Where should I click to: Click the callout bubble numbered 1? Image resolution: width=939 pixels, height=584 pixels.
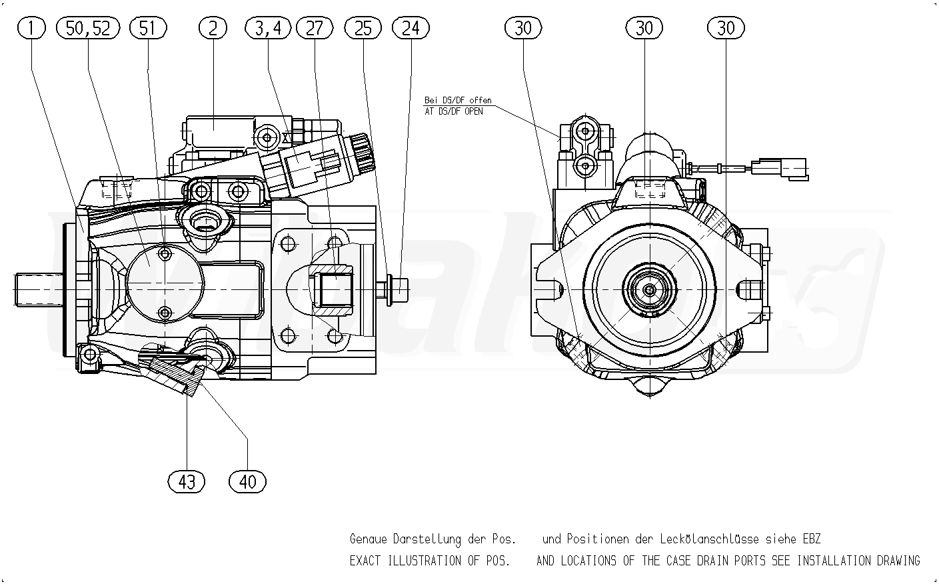(32, 28)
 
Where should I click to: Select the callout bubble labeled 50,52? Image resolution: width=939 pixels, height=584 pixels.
(89, 28)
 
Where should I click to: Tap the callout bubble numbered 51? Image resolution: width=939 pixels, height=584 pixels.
(147, 28)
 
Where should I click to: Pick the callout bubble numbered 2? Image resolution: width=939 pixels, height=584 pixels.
(213, 28)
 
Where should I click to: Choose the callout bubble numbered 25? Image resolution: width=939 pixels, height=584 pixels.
(363, 28)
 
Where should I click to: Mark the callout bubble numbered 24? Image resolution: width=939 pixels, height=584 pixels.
(411, 28)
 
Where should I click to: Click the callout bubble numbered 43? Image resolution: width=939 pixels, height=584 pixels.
(187, 481)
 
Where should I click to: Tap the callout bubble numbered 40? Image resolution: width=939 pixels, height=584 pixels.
(247, 481)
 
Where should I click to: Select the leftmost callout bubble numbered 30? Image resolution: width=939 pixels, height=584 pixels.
(523, 28)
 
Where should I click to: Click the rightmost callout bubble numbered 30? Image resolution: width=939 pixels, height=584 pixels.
(726, 28)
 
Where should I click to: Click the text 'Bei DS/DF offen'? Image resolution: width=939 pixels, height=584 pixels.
(458, 100)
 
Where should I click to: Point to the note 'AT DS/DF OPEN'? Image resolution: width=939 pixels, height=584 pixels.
(454, 111)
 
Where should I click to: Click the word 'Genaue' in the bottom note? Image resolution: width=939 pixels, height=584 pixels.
(369, 539)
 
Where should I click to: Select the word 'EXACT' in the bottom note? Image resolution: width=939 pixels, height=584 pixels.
(365, 561)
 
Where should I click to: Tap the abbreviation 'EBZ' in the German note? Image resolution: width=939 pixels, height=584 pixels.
(811, 539)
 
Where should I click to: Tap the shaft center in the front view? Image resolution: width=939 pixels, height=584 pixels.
(648, 289)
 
